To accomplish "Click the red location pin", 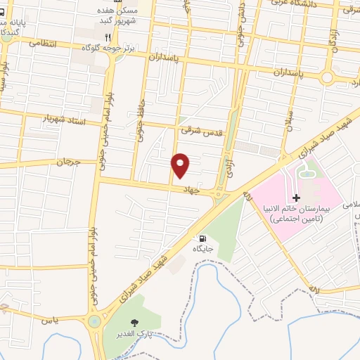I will click(181, 165).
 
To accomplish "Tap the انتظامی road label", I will click(42, 43).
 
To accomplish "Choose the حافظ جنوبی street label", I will click(142, 115).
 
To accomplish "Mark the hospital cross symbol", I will click(296, 199).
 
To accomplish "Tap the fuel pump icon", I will click(202, 238).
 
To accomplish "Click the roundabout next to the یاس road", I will click(93, 322).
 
